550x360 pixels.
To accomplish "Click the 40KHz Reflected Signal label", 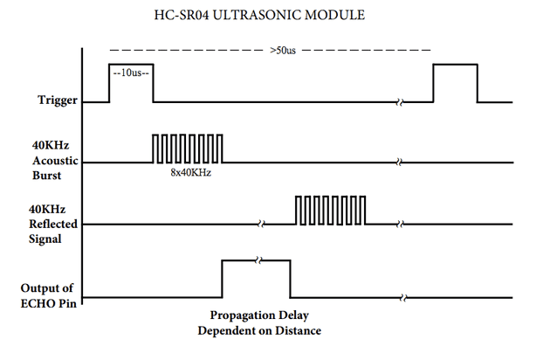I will [x=52, y=224].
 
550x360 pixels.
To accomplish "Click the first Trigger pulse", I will [x=131, y=84].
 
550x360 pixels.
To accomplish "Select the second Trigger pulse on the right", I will [x=456, y=84].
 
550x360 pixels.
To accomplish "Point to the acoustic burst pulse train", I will [x=188, y=149].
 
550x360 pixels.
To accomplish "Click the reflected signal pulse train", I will [x=331, y=211].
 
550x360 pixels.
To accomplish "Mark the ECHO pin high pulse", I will [x=257, y=280].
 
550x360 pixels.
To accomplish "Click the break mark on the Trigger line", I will [x=400, y=102].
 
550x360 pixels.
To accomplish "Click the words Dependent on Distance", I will [x=258, y=331].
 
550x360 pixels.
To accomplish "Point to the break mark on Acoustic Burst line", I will [x=400, y=163].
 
